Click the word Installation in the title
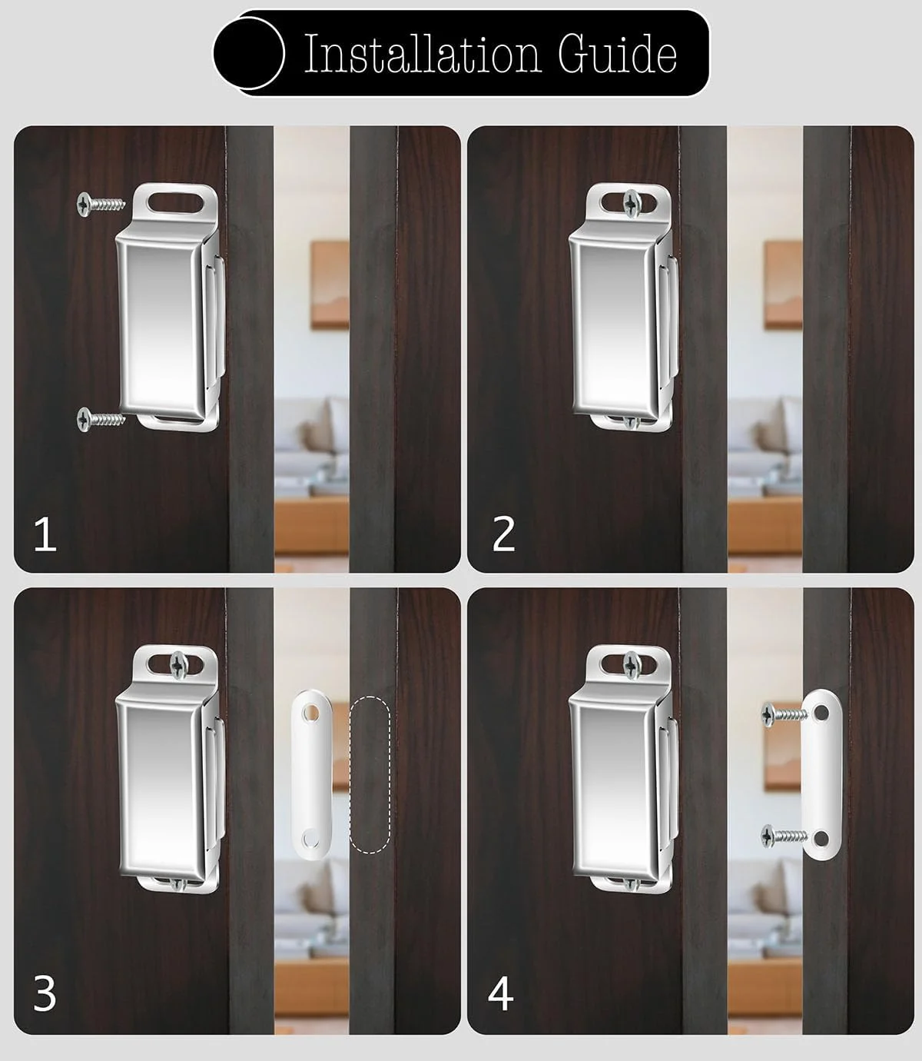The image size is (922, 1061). (x=423, y=53)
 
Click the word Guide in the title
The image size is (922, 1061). (x=617, y=53)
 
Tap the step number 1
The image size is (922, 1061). (x=45, y=534)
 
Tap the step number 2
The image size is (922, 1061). (x=503, y=534)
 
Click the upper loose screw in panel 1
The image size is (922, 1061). (x=101, y=203)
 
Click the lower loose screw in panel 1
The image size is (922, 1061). (x=101, y=418)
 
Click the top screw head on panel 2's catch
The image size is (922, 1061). (x=632, y=202)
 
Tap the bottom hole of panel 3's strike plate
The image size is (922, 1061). (x=311, y=838)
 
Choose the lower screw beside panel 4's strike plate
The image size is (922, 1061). (x=784, y=836)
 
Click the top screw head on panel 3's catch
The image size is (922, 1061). (x=179, y=664)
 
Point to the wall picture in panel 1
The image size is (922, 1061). (x=330, y=284)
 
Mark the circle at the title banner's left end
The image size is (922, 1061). (x=249, y=53)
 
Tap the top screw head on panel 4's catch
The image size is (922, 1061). (x=632, y=664)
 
